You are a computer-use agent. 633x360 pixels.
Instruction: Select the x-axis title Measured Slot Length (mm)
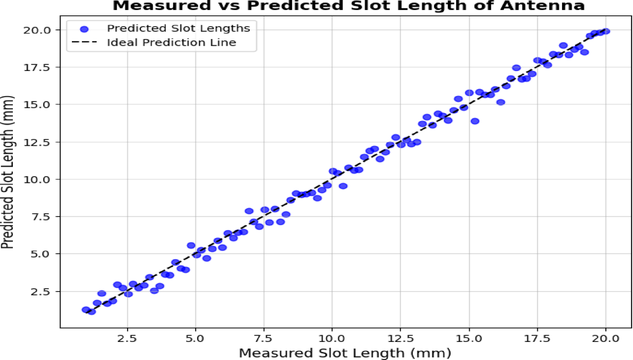coord(344,353)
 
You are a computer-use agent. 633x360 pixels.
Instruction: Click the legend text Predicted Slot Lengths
coord(178,29)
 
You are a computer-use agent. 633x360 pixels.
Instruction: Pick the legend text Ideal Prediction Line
coord(171,42)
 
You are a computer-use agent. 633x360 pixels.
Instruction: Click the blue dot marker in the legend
coord(84,29)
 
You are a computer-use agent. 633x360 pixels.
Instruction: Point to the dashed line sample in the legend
coord(84,42)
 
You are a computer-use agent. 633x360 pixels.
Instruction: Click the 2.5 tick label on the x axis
coord(127,339)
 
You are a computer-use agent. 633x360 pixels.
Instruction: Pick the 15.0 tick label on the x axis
coord(469,339)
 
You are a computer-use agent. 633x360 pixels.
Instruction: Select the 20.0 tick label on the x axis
coord(606,339)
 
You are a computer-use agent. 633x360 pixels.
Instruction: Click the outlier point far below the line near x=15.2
coord(475,121)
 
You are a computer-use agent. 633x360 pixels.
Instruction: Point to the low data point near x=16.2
coord(500,102)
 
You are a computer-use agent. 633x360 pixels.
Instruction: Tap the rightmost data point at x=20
coord(606,31)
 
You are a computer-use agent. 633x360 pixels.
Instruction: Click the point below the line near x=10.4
coord(343,186)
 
